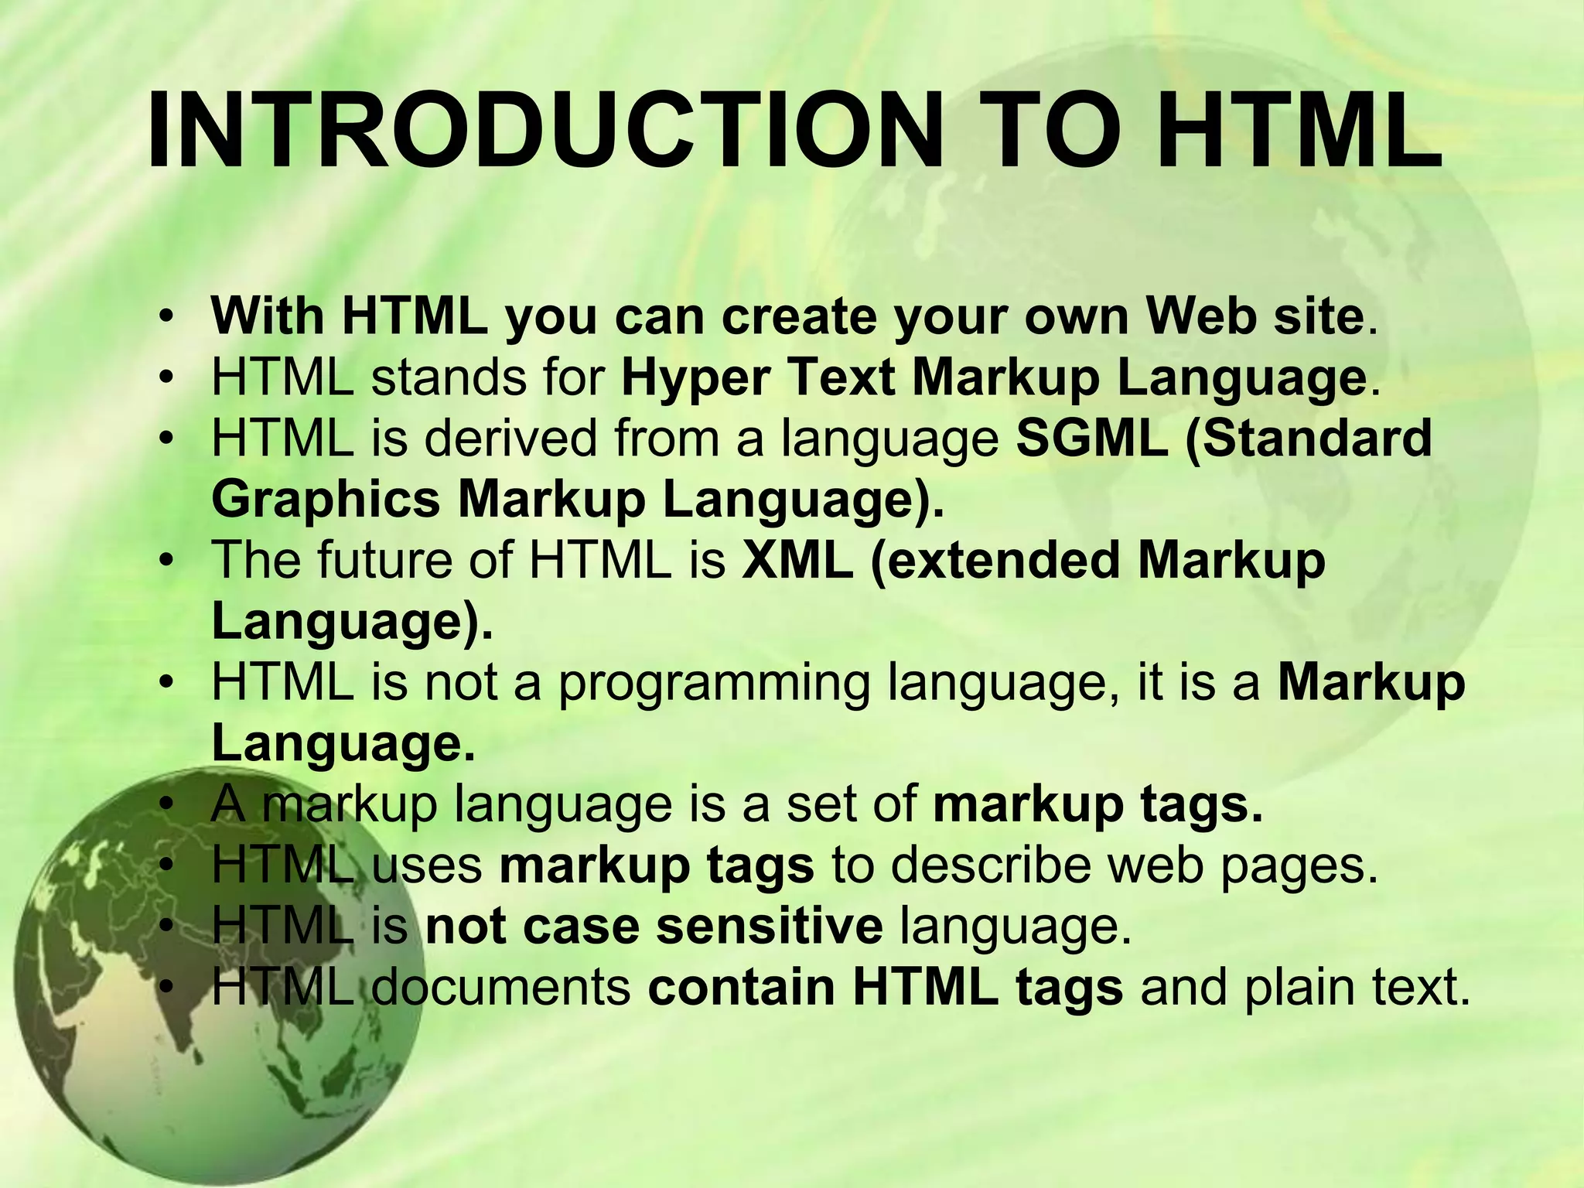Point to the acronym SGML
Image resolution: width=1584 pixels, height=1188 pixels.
[x=1091, y=439]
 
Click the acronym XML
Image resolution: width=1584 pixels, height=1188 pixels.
[x=797, y=560]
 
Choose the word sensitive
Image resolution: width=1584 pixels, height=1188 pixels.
[x=769, y=926]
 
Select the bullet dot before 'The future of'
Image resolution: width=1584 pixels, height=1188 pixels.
[x=165, y=562]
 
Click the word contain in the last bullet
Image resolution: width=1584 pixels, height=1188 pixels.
[x=741, y=987]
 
